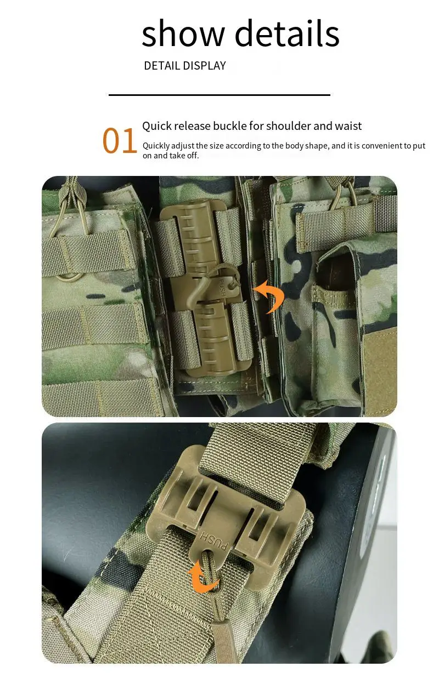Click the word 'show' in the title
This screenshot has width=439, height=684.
pyautogui.click(x=183, y=34)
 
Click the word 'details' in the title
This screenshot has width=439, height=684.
pyautogui.click(x=287, y=34)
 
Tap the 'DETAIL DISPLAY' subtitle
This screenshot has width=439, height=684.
pyautogui.click(x=184, y=66)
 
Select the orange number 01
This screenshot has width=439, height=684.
pyautogui.click(x=120, y=141)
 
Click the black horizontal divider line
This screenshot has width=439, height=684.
pyautogui.click(x=219, y=95)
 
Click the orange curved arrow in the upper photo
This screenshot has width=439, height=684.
pyautogui.click(x=272, y=297)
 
